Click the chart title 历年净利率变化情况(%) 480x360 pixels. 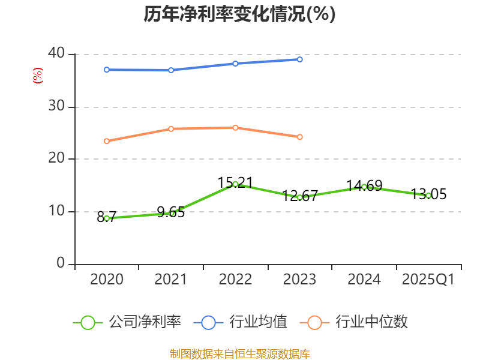(239, 14)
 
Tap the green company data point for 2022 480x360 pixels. (235, 184)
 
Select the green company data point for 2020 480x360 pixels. (107, 218)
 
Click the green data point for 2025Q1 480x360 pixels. (428, 196)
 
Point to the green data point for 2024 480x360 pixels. (364, 187)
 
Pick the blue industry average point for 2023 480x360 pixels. (299, 59)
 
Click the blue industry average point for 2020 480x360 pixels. (107, 70)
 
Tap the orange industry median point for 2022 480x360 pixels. (235, 127)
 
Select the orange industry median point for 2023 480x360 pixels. (299, 137)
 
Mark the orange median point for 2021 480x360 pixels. (171, 128)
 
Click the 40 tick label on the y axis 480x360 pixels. (56, 53)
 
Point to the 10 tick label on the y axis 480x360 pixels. (56, 211)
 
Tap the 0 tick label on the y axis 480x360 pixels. (61, 263)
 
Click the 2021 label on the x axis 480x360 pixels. (171, 280)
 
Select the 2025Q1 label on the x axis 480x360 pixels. (428, 280)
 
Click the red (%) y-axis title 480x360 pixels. (38, 76)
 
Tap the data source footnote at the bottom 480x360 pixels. (239, 353)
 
